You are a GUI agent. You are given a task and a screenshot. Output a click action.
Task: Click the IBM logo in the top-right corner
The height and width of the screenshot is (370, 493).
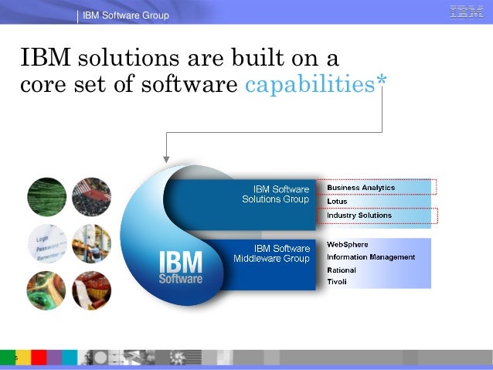[467, 12]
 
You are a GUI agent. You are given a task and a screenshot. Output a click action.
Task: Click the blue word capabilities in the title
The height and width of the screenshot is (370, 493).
[310, 85]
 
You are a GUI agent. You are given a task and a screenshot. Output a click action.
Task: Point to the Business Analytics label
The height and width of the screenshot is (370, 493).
[361, 188]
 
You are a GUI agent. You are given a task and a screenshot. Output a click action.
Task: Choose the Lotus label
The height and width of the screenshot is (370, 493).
[337, 202]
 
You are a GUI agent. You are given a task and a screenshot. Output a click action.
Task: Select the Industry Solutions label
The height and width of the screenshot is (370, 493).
[359, 216]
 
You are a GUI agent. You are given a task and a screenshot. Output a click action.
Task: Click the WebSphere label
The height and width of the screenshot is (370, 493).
[348, 245]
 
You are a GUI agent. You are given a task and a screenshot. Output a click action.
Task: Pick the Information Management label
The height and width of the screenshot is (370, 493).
[371, 257]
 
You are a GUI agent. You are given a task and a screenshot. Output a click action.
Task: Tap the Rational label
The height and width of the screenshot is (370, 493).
[342, 270]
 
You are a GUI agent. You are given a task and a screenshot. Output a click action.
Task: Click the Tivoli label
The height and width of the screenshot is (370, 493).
[337, 282]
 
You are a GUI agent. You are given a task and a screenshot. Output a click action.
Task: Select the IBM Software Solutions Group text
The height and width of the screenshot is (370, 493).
[276, 194]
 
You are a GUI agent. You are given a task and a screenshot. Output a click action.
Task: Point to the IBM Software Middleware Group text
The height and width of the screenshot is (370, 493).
[272, 253]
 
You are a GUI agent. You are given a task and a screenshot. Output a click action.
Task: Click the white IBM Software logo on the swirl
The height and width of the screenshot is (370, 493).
[181, 267]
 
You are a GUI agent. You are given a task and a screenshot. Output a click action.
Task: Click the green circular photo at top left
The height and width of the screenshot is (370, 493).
[46, 196]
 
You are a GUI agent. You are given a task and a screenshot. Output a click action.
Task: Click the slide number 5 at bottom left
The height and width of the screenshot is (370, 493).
[5, 358]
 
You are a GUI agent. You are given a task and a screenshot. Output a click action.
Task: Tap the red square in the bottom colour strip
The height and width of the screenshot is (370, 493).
[39, 358]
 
